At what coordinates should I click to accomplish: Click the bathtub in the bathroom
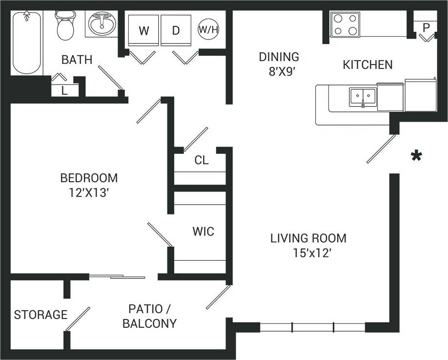(26, 43)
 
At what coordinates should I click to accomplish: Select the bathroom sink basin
(102, 23)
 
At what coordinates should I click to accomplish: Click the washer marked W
(143, 31)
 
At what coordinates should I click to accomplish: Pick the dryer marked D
(176, 31)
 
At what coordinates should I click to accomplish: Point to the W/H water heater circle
(208, 30)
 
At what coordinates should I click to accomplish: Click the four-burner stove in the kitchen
(345, 25)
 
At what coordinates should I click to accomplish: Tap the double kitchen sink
(363, 97)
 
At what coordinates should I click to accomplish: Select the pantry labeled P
(426, 27)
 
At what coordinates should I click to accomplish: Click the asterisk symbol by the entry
(416, 157)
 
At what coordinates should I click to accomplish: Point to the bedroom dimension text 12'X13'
(88, 192)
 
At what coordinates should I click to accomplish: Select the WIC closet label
(203, 231)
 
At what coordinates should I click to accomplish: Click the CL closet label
(202, 160)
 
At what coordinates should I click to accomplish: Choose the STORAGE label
(41, 315)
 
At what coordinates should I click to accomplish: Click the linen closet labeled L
(64, 90)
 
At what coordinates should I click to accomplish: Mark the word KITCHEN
(367, 64)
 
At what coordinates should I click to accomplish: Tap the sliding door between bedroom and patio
(117, 277)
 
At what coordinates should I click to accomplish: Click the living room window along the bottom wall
(312, 327)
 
